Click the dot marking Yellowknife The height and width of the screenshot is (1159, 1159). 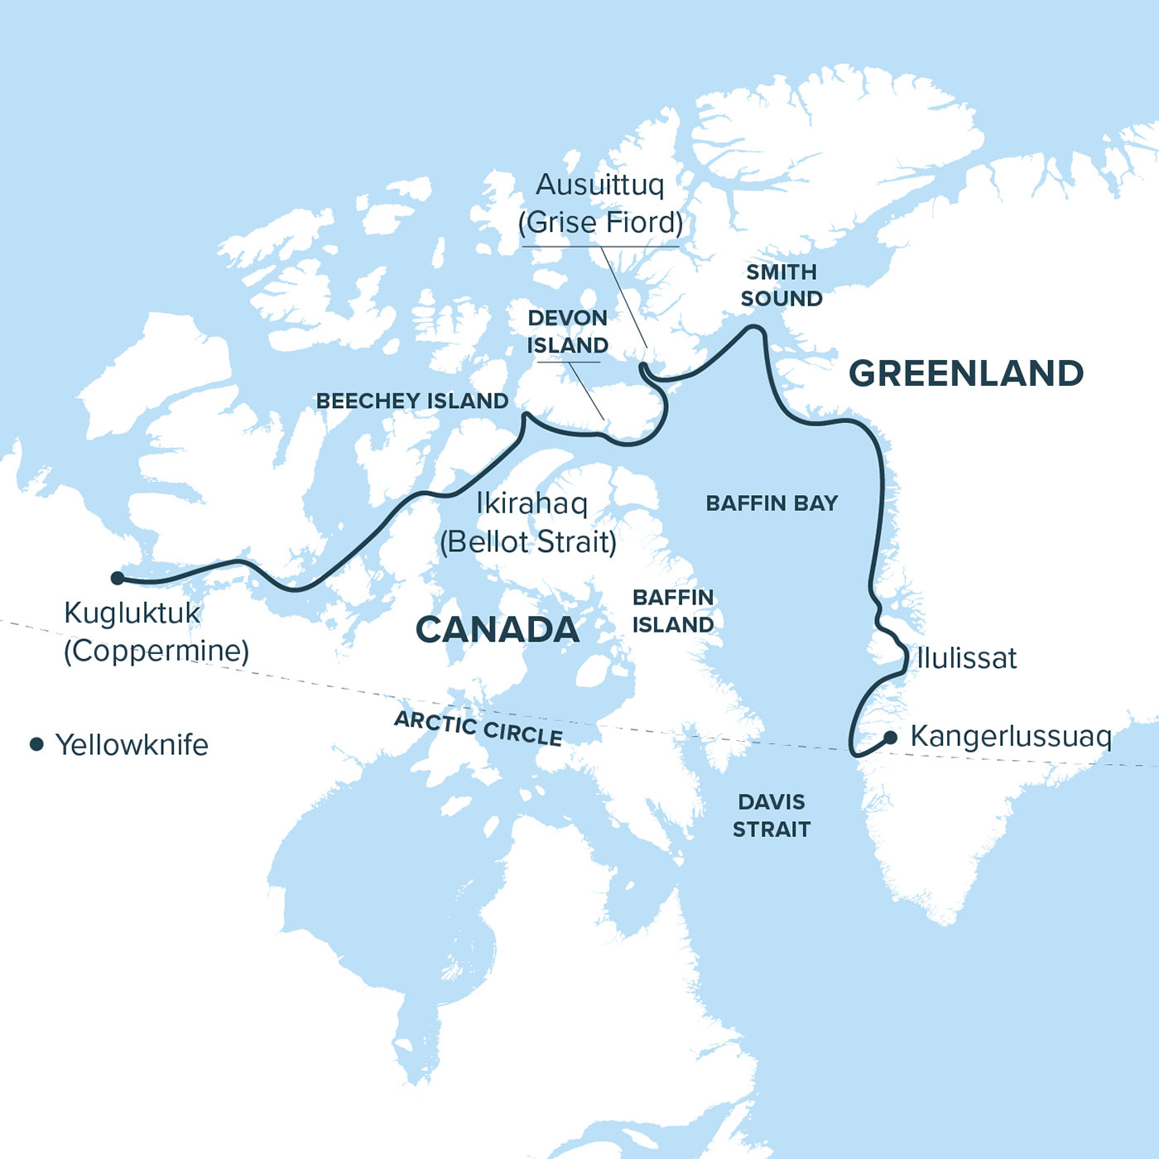[36, 744]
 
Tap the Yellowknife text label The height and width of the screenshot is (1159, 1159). [132, 744]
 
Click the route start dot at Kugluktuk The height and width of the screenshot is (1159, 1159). [118, 578]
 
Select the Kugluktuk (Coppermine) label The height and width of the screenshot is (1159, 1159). [156, 632]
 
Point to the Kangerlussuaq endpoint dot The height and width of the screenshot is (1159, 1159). [890, 738]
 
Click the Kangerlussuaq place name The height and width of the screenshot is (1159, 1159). [1010, 736]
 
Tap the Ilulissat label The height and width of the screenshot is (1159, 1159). [966, 658]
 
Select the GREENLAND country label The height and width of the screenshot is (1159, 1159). [966, 373]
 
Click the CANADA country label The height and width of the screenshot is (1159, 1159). [497, 629]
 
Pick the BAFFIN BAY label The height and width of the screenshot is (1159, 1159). [772, 503]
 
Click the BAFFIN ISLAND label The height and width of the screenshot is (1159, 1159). [672, 611]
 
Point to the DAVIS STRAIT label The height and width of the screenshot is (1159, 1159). [772, 815]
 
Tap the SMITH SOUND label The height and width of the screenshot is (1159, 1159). [781, 285]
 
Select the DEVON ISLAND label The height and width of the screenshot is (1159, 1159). [568, 331]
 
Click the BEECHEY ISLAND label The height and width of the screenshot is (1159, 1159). [412, 401]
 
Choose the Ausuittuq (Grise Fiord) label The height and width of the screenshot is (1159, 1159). [600, 203]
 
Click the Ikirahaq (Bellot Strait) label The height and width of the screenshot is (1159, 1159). [529, 522]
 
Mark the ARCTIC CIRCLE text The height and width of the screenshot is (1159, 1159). [479, 728]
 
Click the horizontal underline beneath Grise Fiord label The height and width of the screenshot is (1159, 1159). [600, 246]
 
